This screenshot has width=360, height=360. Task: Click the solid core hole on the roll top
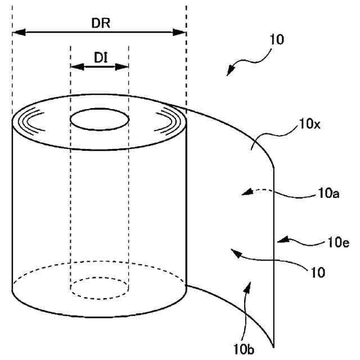(99, 121)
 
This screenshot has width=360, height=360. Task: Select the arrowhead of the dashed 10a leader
(242, 194)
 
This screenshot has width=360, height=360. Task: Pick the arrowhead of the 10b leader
(247, 286)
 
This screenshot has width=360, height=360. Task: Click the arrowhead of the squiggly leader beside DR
(228, 73)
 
